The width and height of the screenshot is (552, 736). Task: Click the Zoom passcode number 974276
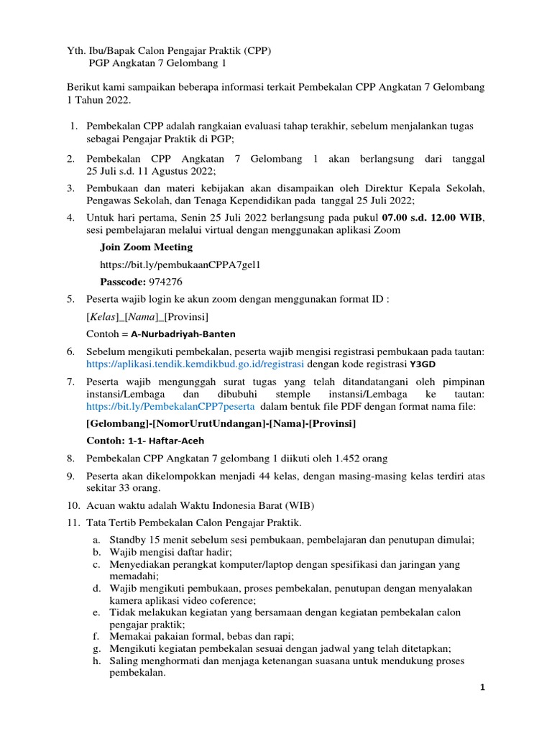coord(165,281)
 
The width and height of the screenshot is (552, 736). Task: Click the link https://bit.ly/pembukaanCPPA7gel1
coord(179,264)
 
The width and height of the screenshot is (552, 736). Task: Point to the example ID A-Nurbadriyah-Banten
coord(183,334)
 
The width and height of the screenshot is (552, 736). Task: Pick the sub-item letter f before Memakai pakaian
coord(96,636)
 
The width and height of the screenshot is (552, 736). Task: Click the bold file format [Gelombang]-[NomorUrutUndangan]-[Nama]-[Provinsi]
coord(221,423)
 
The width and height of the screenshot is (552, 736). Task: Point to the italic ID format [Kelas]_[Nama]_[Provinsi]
coord(148,316)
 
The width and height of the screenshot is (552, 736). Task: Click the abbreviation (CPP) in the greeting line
coord(257,51)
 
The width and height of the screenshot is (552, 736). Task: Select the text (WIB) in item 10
coord(299,505)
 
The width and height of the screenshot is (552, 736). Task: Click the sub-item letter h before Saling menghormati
coord(96,661)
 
